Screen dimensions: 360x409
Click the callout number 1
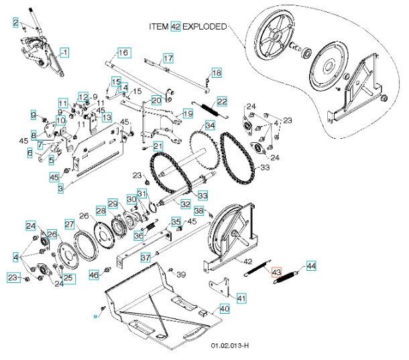click(x=65, y=52)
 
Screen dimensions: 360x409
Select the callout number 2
click(x=15, y=23)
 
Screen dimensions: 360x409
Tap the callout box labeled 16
click(x=123, y=53)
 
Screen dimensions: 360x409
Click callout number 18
click(x=216, y=72)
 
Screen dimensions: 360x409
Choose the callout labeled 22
click(x=221, y=101)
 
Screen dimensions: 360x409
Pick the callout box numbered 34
click(x=210, y=125)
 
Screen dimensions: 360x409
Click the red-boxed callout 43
click(x=276, y=272)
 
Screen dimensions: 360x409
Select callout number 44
click(x=310, y=265)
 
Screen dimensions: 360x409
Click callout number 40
click(x=225, y=309)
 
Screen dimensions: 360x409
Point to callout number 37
click(x=145, y=257)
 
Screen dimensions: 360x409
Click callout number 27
click(x=69, y=224)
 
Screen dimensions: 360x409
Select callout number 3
click(x=60, y=190)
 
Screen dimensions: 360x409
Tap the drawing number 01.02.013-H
click(x=230, y=347)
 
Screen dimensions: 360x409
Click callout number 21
click(x=158, y=146)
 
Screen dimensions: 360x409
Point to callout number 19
click(x=189, y=114)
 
